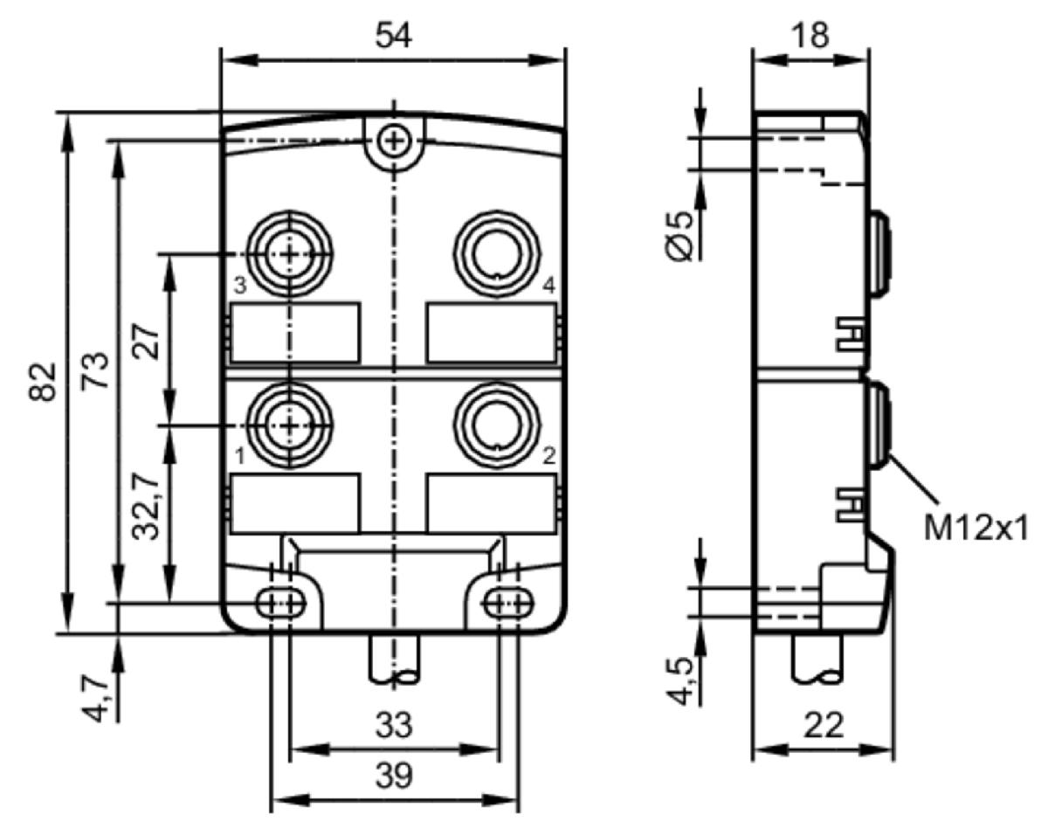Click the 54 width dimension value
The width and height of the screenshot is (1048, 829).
point(394,36)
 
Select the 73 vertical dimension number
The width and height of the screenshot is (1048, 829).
point(94,370)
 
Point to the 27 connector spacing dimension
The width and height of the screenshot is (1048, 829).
point(146,341)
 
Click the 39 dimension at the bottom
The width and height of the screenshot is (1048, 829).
point(394,776)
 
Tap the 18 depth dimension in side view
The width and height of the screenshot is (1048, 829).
point(810,36)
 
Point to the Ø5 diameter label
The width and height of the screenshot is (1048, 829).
point(679,236)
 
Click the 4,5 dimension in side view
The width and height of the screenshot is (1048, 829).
point(679,680)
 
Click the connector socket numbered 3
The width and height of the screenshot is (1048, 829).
point(290,253)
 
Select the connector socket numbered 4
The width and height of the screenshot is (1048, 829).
point(497,253)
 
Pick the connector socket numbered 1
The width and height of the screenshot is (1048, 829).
point(290,426)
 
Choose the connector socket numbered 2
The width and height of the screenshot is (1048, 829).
point(497,425)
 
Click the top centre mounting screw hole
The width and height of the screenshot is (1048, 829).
point(394,142)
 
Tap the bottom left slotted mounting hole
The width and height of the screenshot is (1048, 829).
point(281,604)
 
